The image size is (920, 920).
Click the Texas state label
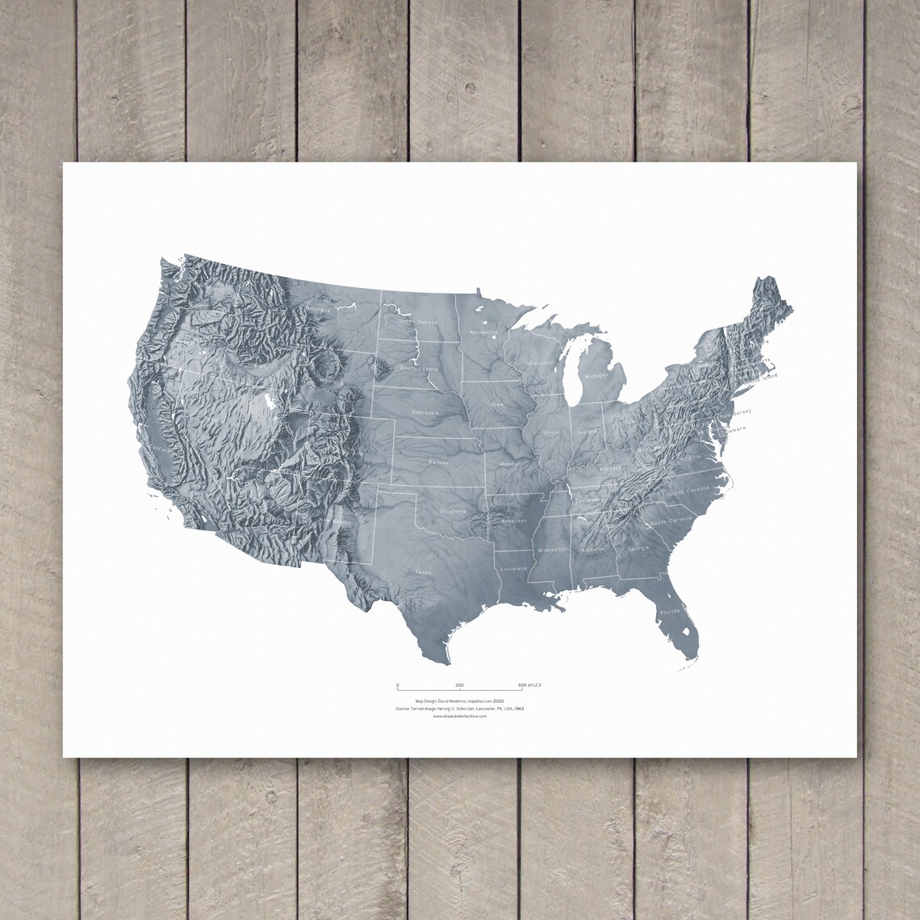tap(424, 572)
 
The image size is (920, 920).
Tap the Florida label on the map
tap(671, 613)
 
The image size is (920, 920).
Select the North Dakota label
tap(418, 322)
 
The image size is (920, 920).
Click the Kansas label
tap(438, 462)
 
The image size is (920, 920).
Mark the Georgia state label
tap(638, 549)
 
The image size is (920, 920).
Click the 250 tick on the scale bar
tap(459, 685)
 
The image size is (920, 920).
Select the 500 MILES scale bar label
tap(529, 685)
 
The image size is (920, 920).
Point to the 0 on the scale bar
tap(397, 685)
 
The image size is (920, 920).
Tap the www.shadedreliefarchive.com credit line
tap(460, 716)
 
